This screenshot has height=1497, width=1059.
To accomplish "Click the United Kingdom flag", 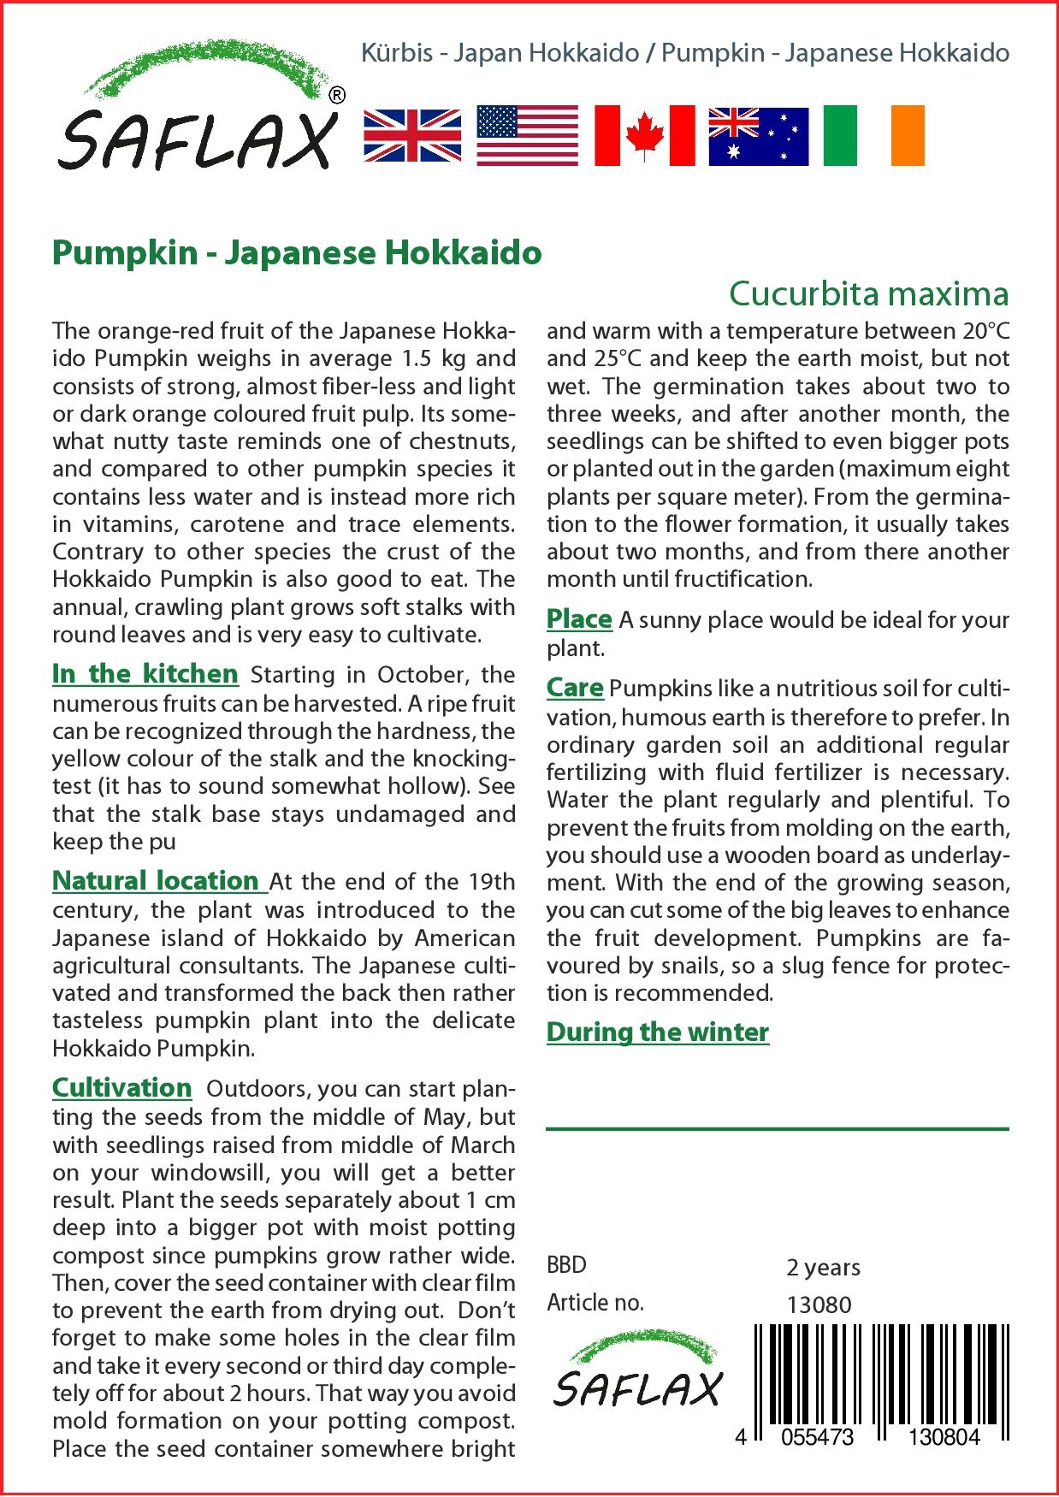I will point(412,135).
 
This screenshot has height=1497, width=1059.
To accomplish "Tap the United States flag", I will point(527,135).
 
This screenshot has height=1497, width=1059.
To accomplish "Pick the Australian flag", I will point(758,135).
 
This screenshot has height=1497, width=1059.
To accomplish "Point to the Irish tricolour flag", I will point(873,135).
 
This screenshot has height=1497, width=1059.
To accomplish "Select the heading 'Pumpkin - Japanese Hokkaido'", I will point(297,253).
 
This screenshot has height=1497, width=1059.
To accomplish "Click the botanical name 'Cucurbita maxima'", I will point(868,293).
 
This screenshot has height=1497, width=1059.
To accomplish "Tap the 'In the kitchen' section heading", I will point(145,674).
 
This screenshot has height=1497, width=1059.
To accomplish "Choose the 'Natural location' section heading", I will point(156,881).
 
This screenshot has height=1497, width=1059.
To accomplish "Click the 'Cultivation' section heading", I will point(121,1088).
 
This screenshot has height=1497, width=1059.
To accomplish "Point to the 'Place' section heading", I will point(579,618).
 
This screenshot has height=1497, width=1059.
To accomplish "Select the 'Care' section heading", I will point(575,688).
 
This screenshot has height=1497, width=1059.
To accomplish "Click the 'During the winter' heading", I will point(657,1033).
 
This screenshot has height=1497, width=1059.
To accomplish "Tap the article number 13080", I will point(819,1305).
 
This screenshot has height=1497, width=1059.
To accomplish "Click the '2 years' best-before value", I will point(823,1267).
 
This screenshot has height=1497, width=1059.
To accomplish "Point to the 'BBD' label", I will point(566,1265).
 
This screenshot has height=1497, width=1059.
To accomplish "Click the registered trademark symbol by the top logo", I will point(337,95).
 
